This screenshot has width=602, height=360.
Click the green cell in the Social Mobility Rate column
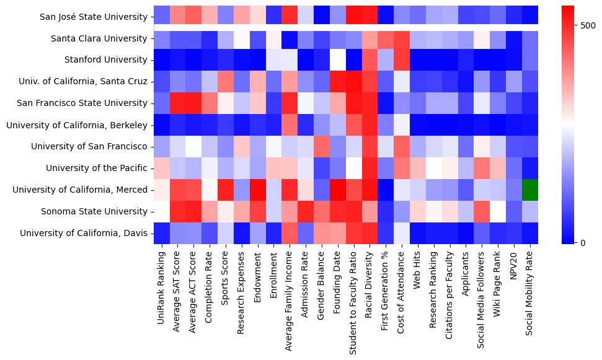point(529,190)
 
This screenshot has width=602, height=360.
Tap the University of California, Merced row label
point(86,190)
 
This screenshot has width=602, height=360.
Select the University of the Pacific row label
point(97,168)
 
